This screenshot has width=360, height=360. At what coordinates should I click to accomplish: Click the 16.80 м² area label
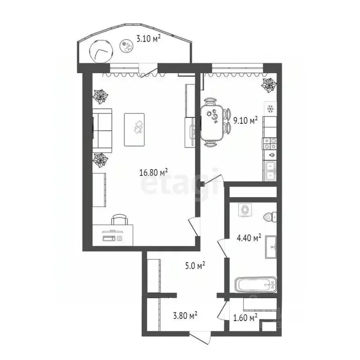(x=153, y=172)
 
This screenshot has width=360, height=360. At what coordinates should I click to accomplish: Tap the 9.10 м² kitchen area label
(x=246, y=121)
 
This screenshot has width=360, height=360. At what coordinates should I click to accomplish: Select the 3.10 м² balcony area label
(x=148, y=39)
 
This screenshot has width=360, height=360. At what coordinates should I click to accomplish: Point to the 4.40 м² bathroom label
(x=249, y=238)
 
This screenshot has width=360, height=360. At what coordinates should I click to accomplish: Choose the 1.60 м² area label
(x=245, y=318)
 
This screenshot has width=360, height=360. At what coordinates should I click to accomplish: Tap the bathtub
(x=255, y=284)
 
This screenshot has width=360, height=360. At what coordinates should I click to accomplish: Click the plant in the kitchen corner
(x=270, y=85)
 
